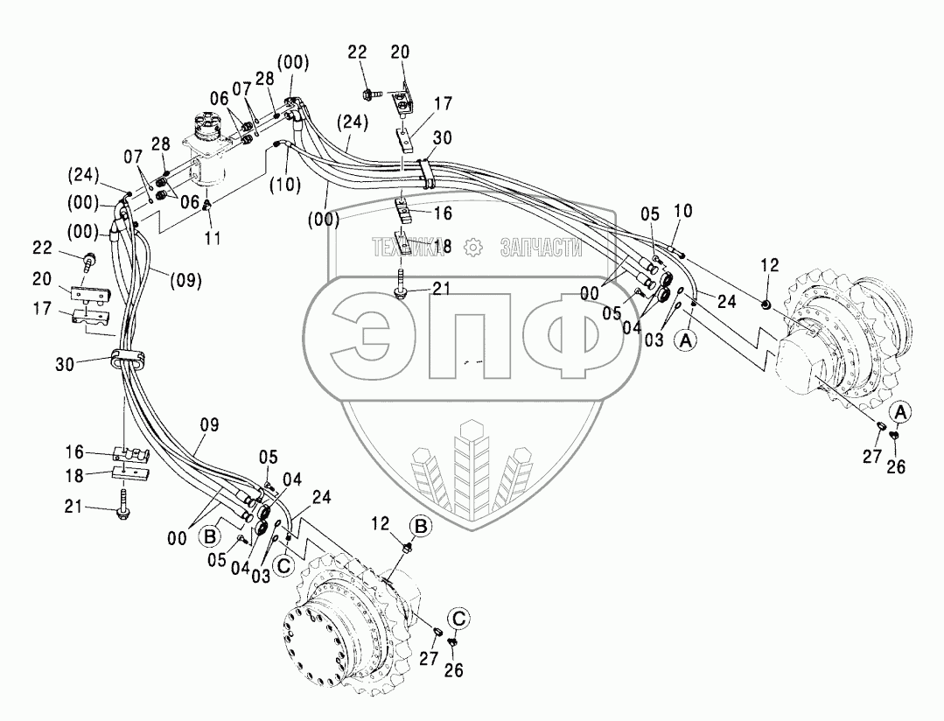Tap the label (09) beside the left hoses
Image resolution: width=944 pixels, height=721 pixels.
pyautogui.click(x=185, y=281)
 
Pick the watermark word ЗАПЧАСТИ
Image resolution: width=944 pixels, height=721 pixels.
pyautogui.click(x=541, y=248)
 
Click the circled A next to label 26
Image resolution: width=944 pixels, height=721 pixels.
pyautogui.click(x=901, y=412)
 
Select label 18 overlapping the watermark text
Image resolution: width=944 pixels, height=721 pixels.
pyautogui.click(x=443, y=248)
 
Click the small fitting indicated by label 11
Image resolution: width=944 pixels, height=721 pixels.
pyautogui.click(x=207, y=206)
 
